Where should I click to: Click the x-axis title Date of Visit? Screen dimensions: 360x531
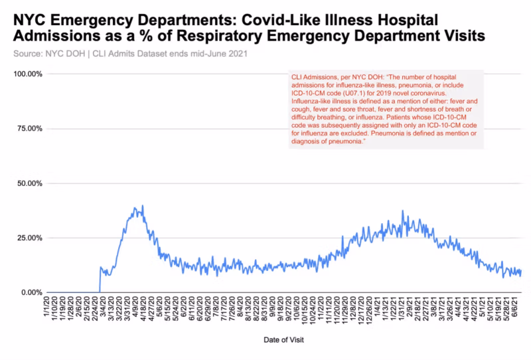tap(284, 339)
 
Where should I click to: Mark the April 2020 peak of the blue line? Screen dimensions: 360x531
tap(142, 206)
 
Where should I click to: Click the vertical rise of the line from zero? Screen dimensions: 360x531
tap(100, 279)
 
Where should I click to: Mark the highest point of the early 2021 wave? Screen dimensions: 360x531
tap(402, 211)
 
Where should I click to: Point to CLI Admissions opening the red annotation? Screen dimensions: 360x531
tap(314, 78)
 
